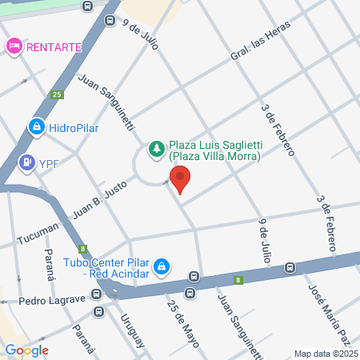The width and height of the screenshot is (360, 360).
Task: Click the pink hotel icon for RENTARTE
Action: pos(14,46)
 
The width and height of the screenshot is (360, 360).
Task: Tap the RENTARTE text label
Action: pos(54,46)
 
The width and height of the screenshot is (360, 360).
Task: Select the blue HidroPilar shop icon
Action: pos(35,126)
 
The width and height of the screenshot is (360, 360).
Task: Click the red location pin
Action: pos(180,179)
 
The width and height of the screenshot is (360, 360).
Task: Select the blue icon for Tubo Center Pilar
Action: pos(161,265)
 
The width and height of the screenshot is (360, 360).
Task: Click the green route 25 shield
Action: pos(57,94)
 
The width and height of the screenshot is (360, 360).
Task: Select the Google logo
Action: pos(26,350)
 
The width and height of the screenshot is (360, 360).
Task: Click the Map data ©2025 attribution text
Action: pos(325,354)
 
